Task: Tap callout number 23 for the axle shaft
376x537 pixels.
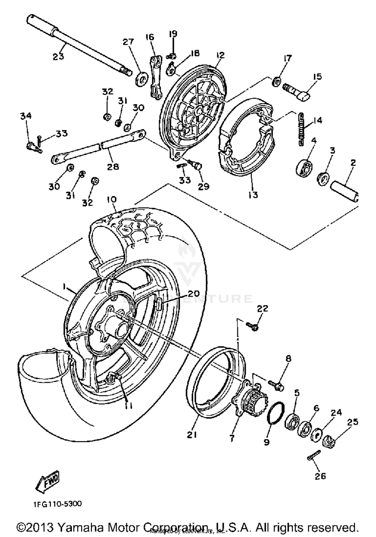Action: [x=58, y=56]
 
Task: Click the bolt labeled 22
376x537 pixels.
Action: [x=252, y=326]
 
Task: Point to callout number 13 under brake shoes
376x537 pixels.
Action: [x=253, y=194]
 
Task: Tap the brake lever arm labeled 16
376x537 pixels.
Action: [x=156, y=78]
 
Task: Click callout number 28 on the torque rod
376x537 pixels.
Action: [x=113, y=166]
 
